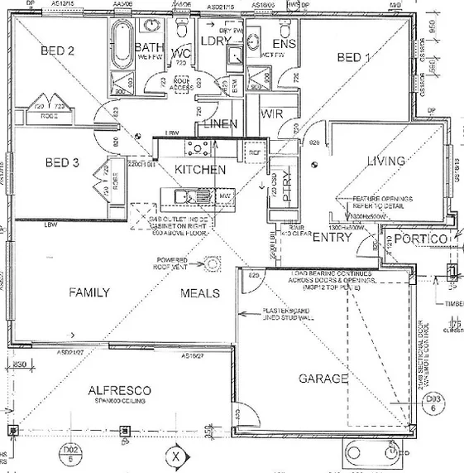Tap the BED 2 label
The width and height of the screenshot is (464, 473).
(x=58, y=51)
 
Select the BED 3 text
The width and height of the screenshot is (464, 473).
(x=62, y=163)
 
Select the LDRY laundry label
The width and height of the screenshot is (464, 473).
(x=214, y=40)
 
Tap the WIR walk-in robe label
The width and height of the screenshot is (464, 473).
(x=272, y=112)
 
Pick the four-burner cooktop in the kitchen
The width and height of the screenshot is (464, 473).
(x=199, y=148)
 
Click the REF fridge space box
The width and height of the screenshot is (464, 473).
(x=254, y=153)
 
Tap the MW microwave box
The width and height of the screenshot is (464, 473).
(x=223, y=195)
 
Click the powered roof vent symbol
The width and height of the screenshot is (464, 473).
(x=213, y=263)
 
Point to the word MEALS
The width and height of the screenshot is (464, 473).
(x=200, y=293)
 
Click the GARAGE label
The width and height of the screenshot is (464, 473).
(x=323, y=378)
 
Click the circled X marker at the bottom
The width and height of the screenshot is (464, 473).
(x=175, y=455)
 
